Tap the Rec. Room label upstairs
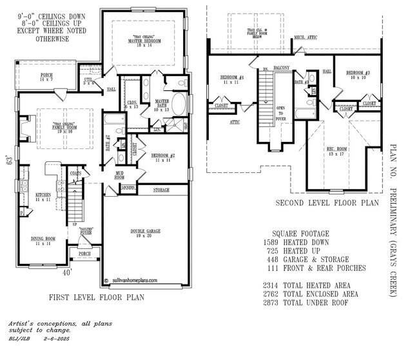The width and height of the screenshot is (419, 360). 336,152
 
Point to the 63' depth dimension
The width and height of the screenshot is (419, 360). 9,159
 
